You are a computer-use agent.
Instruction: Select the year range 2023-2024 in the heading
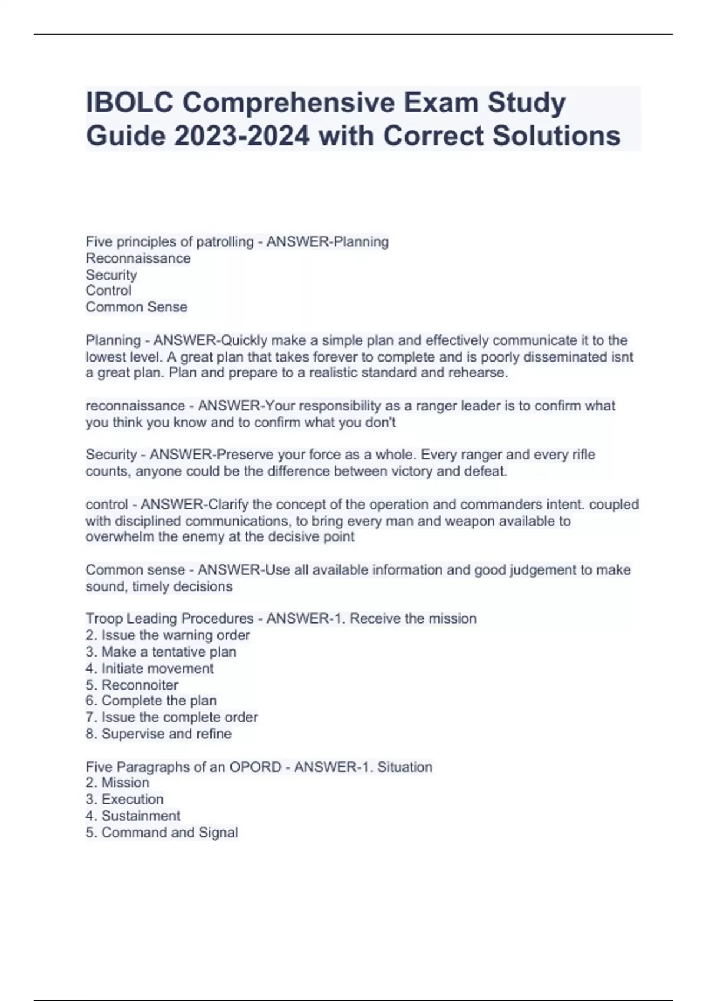pyautogui.click(x=242, y=135)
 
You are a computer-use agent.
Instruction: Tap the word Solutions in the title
pyautogui.click(x=556, y=135)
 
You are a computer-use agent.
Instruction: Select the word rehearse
pyautogui.click(x=480, y=373)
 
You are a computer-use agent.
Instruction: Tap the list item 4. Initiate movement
pyautogui.click(x=150, y=668)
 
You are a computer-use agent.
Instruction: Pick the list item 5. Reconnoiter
pyautogui.click(x=132, y=685)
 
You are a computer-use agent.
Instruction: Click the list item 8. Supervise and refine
pyautogui.click(x=158, y=734)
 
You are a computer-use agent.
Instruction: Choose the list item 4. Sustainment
pyautogui.click(x=133, y=816)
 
